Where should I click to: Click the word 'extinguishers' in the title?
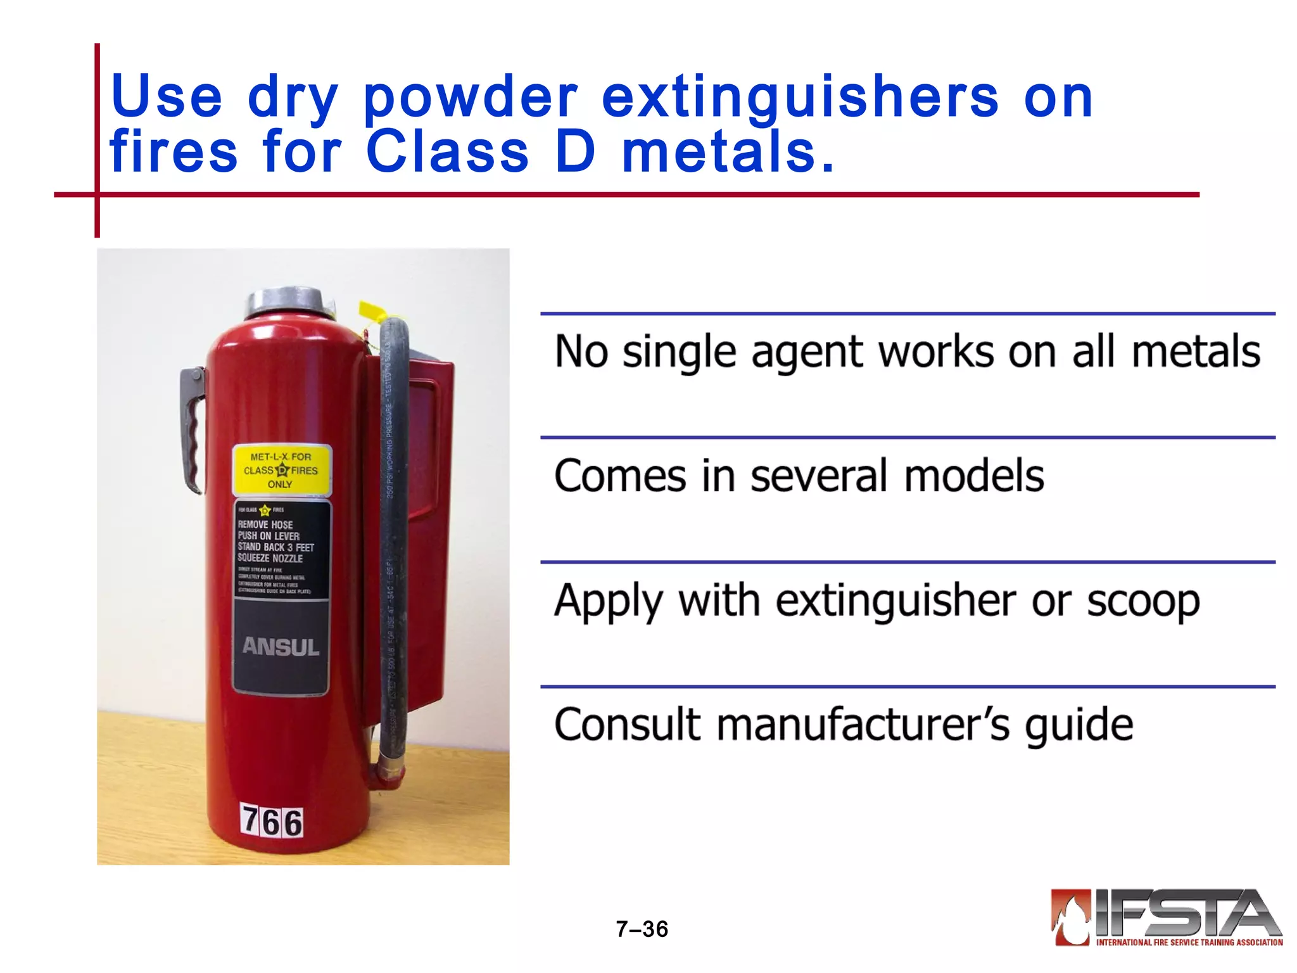[x=800, y=98]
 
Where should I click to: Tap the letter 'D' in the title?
[x=575, y=152]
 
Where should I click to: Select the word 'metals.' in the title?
[x=728, y=152]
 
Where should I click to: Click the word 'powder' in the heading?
[x=471, y=99]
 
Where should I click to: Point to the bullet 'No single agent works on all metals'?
[x=907, y=352]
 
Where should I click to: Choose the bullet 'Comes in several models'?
[x=799, y=476]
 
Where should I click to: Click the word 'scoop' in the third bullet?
[x=1143, y=601]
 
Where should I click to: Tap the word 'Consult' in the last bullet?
[x=628, y=725]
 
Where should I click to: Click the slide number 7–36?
[x=642, y=929]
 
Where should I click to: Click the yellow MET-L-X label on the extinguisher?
[x=281, y=470]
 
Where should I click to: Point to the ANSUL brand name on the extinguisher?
[x=281, y=647]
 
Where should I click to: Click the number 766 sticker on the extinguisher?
[x=272, y=822]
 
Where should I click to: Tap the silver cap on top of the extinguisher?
[x=291, y=302]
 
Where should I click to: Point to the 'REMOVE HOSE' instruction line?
[x=265, y=525]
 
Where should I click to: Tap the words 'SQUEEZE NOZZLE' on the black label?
[x=270, y=558]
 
